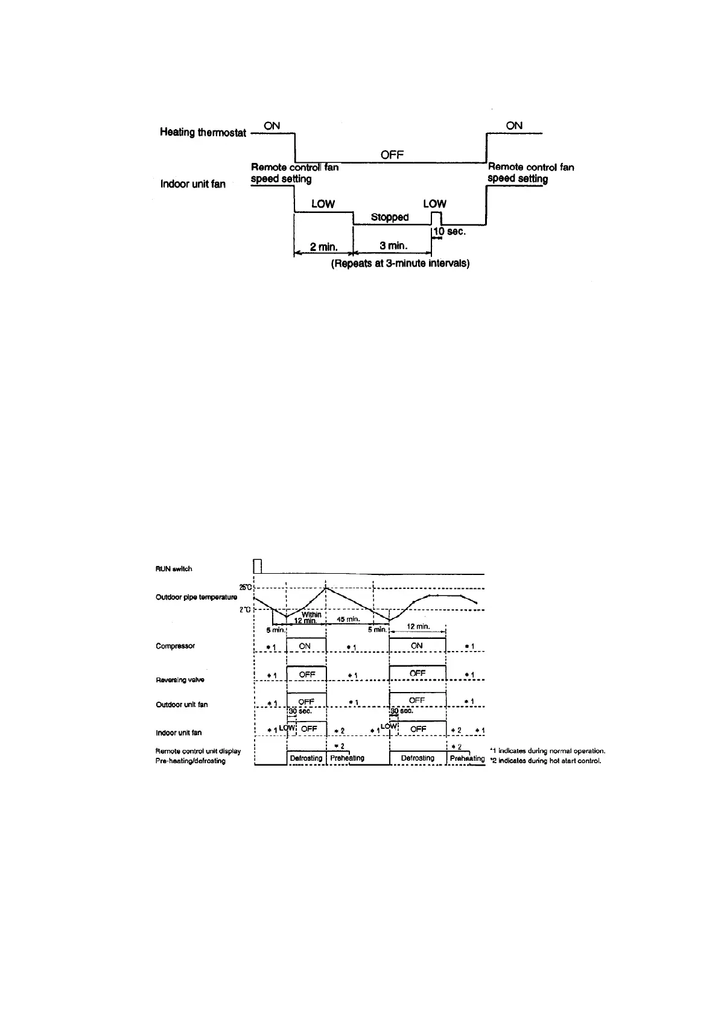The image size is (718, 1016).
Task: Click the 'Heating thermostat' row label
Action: pos(203,132)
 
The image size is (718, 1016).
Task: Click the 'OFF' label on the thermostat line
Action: pos(392,155)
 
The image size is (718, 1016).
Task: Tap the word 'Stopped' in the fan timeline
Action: pos(390,217)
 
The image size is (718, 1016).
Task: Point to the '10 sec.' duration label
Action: pos(450,232)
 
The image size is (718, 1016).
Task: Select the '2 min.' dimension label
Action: pos(323,246)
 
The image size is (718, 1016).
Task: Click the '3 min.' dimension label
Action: pos(393,246)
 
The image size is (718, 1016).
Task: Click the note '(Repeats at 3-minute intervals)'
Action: pos(400,264)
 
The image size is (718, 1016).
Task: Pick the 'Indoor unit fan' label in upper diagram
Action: pos(192,183)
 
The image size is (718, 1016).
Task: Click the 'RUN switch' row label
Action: pos(174,569)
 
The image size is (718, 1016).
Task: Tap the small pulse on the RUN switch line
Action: pos(257,566)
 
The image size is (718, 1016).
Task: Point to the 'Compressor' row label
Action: pos(175,646)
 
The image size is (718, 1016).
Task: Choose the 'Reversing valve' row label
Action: pos(180,680)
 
